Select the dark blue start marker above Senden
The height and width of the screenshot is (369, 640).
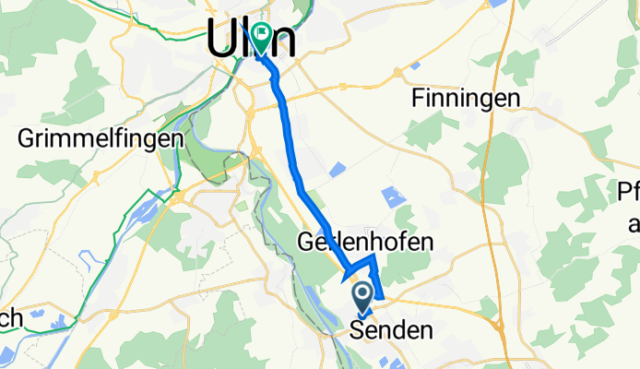pyautogui.click(x=361, y=296)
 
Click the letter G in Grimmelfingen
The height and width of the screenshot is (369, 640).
pyautogui.click(x=28, y=139)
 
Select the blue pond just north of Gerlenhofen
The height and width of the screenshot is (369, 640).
pyautogui.click(x=394, y=196)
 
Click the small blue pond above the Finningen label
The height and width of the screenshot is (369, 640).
pyautogui.click(x=415, y=65)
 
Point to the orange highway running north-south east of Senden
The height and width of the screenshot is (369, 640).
pyautogui.click(x=505, y=314)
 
